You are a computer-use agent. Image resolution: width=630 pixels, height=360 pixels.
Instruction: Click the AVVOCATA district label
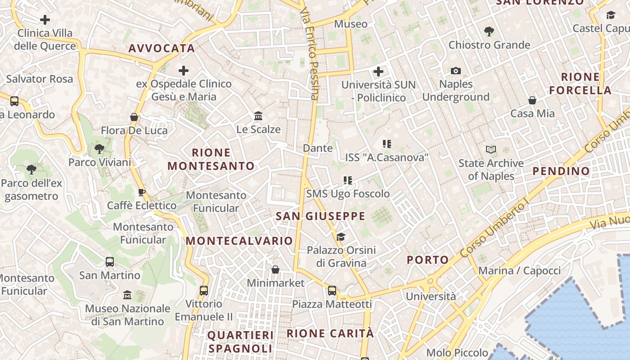(x=162, y=49)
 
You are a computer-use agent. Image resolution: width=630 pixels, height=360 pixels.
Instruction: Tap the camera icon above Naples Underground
(x=456, y=71)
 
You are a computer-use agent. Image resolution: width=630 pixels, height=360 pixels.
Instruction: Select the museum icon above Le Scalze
(x=258, y=116)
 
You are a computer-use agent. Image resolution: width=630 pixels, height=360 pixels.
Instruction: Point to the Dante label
(x=318, y=148)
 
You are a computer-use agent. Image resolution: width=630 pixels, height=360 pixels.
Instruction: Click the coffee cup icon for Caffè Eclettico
(x=142, y=193)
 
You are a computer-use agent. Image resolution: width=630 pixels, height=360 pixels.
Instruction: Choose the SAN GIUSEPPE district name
(x=320, y=216)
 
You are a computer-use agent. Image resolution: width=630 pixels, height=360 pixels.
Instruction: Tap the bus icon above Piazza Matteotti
(x=332, y=291)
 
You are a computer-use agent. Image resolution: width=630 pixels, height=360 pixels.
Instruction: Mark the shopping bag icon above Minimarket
(x=275, y=270)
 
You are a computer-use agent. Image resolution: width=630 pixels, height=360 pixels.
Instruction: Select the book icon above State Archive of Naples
(x=491, y=149)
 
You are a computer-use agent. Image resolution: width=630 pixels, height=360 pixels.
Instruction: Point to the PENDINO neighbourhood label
(x=561, y=171)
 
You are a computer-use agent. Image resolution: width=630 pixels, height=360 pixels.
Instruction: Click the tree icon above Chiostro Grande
(x=489, y=31)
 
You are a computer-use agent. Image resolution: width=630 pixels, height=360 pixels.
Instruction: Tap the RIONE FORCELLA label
(x=580, y=83)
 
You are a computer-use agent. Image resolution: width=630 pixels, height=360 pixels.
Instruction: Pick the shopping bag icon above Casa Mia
(x=532, y=100)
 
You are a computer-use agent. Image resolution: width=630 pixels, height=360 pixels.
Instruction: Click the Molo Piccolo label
(x=457, y=353)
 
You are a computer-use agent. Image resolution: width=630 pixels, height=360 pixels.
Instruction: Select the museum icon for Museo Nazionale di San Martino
(x=127, y=295)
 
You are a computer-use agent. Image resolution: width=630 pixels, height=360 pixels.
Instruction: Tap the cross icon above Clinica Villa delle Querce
(x=45, y=20)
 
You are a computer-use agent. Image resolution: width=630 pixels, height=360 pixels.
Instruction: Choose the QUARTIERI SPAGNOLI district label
(x=240, y=342)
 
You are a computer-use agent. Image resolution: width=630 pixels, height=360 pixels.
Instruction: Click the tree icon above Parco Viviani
(x=99, y=149)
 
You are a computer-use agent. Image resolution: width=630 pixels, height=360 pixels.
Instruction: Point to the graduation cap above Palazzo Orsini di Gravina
(x=341, y=237)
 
